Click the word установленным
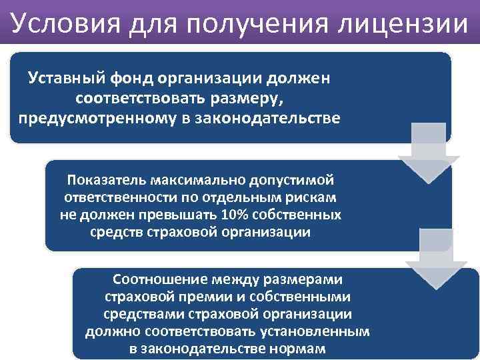coord(313,331)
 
